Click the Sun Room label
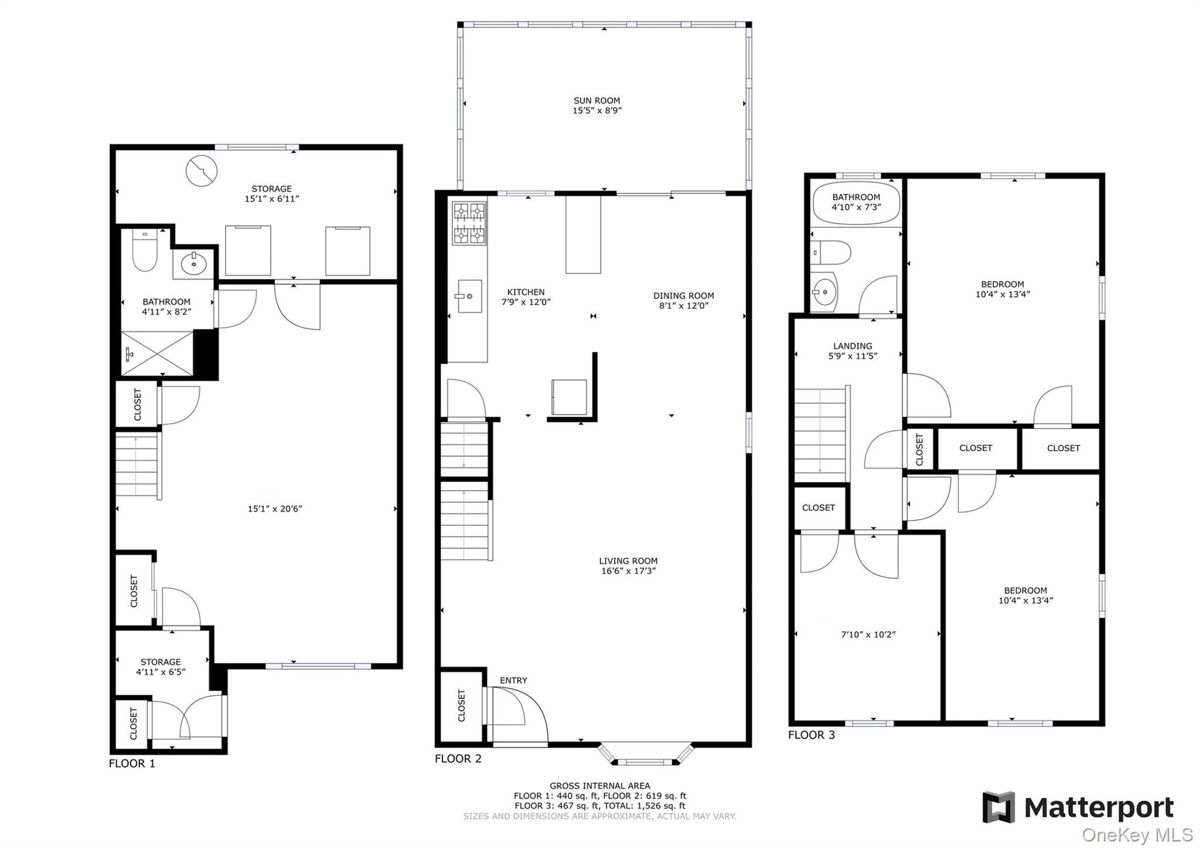point(597,100)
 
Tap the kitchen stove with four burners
point(469,223)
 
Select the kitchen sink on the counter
point(468,296)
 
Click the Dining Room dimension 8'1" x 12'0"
point(684,306)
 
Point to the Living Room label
point(628,561)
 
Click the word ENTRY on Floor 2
point(514,680)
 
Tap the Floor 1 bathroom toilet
point(144,251)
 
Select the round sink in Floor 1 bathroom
point(194,264)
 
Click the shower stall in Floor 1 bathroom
point(157,353)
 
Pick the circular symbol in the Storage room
point(201,171)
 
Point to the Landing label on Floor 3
point(852,346)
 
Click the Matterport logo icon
point(998,807)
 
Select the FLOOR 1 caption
point(132,764)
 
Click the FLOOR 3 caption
point(811,735)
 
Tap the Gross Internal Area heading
point(600,786)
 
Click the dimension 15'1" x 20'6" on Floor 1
point(275,509)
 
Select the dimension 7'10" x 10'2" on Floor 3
point(868,635)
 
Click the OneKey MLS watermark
point(1137,835)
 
